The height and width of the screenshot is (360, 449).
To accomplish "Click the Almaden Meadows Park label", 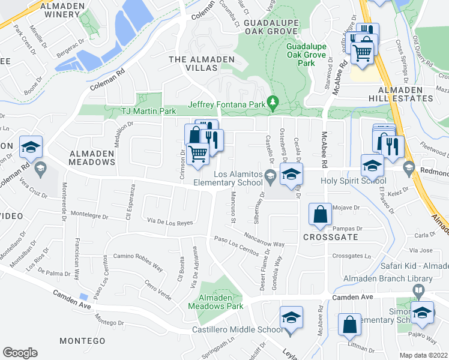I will pyautogui.click(x=215, y=302).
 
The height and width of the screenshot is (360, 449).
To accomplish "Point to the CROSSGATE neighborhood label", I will pyautogui.click(x=331, y=238).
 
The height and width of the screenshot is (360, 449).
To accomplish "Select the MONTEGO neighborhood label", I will pyautogui.click(x=83, y=341).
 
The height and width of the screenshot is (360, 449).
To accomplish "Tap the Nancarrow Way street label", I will pyautogui.click(x=264, y=240).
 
